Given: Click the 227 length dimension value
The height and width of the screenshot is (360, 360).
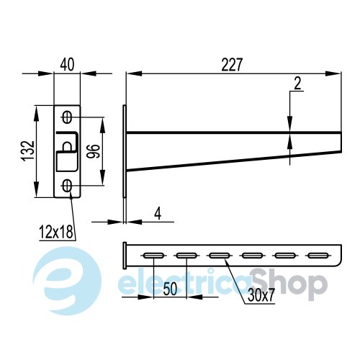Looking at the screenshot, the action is point(232,65).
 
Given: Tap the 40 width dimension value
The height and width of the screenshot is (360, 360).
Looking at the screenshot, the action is point(67,65).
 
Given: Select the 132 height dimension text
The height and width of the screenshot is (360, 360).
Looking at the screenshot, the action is point(29,151).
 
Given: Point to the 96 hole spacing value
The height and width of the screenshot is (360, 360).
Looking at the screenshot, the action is point(93,151).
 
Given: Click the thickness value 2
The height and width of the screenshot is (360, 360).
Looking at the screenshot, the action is point(297,84).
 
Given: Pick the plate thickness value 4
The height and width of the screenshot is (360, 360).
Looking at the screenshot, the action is point(158,213).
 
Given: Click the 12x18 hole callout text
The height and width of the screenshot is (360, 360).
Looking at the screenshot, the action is point(56,232).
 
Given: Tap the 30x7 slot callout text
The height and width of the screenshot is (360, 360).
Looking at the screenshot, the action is point(261,295).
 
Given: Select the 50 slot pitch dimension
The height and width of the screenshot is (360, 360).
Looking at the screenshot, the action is point(170,289).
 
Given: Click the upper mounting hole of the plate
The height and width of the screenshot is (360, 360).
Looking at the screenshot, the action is point(67,117).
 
